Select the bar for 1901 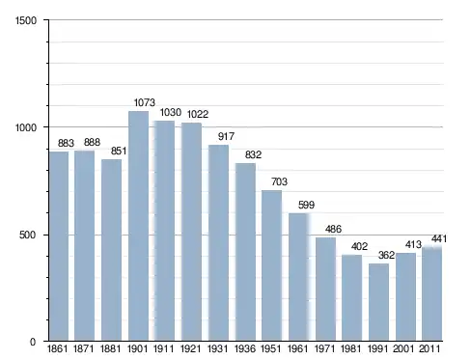coord(139,226)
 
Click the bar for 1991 coord(378,302)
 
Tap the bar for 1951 coord(271,265)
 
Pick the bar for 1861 coord(59,246)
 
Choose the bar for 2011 coord(431,293)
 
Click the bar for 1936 coord(245,252)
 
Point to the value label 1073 coord(145,102)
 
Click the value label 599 coord(306,205)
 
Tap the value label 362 coord(386,255)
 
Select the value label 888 coord(92,142)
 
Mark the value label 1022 coord(198,114)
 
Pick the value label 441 coord(439,238)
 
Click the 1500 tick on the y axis coord(26,20)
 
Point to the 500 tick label coord(27,235)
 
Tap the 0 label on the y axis coord(33,342)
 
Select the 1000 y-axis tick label coord(26,127)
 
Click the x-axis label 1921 coord(191,348)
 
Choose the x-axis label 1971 coord(324,348)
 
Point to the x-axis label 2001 coord(403,348)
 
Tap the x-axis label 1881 coord(111,348)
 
